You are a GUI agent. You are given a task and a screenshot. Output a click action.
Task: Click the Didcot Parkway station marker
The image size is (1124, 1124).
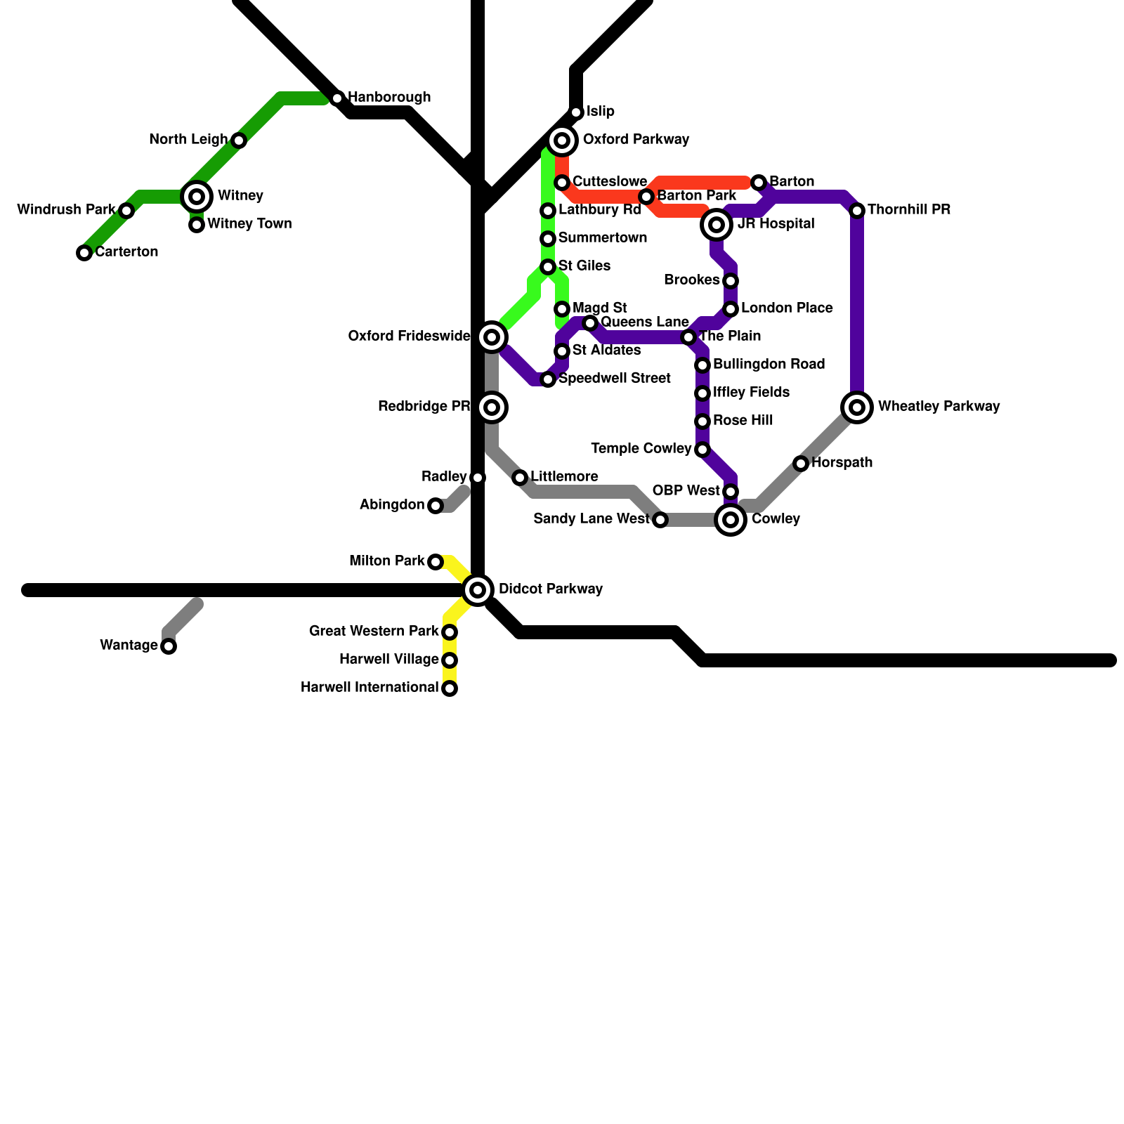(x=478, y=590)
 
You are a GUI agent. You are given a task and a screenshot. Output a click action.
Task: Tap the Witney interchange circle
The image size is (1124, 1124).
(x=197, y=197)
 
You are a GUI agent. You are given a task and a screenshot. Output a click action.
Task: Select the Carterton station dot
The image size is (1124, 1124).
(x=84, y=253)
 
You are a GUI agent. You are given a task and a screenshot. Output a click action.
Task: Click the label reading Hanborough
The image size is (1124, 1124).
(x=389, y=98)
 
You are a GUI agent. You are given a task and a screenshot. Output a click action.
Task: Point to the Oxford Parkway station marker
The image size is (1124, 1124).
(x=562, y=140)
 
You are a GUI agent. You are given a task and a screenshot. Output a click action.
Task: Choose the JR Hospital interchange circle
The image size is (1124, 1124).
(x=717, y=225)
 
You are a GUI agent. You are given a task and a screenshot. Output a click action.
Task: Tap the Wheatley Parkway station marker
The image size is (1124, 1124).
(x=857, y=407)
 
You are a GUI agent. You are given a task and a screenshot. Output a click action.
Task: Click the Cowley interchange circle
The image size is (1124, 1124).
(x=731, y=520)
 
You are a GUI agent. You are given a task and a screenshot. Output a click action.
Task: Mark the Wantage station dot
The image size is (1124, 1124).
(x=169, y=646)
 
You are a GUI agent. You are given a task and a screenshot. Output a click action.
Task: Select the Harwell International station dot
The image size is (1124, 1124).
(x=450, y=688)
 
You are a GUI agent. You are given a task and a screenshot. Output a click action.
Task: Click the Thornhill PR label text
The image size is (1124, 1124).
(x=909, y=210)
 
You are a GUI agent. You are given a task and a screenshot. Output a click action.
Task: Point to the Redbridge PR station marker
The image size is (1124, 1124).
(x=492, y=407)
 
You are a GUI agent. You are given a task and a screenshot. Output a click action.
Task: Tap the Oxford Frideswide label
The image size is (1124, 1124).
(x=409, y=336)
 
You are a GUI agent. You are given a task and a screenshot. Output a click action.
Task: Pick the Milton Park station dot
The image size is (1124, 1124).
(x=436, y=562)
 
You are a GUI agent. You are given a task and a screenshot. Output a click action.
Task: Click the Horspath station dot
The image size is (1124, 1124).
(x=801, y=464)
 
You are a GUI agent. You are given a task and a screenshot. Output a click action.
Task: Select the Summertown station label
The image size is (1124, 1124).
(x=603, y=238)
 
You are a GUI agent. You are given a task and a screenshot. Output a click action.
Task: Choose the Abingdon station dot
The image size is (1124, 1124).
(x=436, y=506)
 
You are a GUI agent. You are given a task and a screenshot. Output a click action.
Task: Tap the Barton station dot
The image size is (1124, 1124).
(x=759, y=183)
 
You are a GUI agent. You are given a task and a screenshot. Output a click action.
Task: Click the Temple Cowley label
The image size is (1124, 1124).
(x=641, y=449)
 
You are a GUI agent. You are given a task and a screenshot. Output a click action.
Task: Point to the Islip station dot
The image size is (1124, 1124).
(x=576, y=112)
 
